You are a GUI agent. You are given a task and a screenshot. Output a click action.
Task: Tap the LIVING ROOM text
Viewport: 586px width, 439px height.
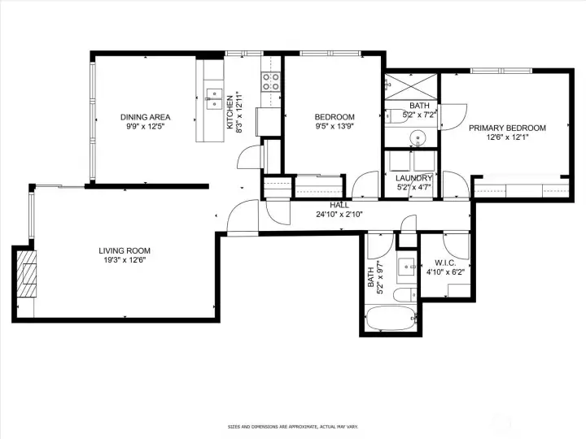[x=125, y=250]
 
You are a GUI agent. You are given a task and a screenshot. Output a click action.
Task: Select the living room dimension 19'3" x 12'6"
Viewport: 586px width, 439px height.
[x=125, y=261]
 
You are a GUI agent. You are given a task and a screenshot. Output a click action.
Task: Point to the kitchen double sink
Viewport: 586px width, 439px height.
[x=214, y=98]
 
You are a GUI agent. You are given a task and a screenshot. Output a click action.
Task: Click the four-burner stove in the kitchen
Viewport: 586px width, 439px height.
[x=270, y=81]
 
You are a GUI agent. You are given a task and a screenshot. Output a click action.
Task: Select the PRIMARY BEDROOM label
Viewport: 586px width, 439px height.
[x=507, y=128]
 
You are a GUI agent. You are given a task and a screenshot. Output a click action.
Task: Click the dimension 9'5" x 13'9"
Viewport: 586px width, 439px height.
[x=335, y=127]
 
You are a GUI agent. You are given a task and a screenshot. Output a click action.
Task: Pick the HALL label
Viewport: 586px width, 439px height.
[x=339, y=205]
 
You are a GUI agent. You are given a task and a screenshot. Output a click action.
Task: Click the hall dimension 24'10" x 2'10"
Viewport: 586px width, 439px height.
[x=339, y=215]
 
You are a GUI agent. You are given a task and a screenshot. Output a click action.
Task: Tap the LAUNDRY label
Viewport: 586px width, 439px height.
[x=413, y=178]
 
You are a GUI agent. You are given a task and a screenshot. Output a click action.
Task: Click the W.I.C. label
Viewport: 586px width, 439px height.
[x=444, y=262]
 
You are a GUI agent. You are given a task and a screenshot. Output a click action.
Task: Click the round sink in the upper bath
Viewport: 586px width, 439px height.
[x=418, y=137]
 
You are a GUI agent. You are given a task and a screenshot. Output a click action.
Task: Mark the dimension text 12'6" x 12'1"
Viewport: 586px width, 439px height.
[x=507, y=137]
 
